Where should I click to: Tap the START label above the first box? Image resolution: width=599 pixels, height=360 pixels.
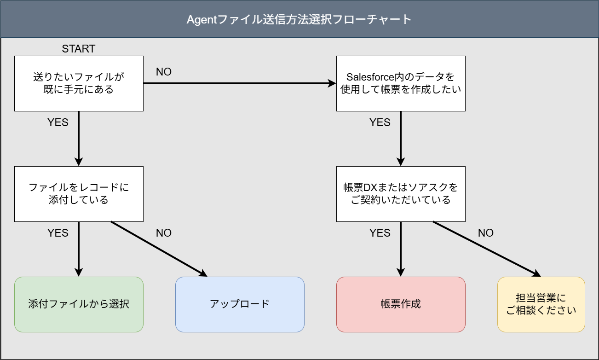(79, 49)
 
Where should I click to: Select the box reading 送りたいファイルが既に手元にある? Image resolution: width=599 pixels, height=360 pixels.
(79, 83)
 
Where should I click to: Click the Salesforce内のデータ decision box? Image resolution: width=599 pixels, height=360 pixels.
(401, 83)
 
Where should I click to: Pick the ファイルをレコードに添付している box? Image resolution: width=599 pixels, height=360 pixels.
(79, 194)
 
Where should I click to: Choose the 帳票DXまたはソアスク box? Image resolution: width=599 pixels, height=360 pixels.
(401, 194)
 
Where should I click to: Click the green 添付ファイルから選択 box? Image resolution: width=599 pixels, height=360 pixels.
(79, 304)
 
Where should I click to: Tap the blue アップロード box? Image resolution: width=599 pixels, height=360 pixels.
(240, 304)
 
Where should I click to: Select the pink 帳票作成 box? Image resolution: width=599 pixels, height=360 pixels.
(401, 304)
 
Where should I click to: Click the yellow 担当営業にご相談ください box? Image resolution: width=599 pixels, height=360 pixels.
(541, 304)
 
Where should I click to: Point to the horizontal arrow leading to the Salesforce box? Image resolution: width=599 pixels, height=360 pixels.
(239, 83)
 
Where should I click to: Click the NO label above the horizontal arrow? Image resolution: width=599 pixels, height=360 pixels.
(164, 72)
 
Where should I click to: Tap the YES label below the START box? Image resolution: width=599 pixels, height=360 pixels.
(58, 122)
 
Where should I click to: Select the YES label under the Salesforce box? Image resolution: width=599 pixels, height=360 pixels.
(380, 122)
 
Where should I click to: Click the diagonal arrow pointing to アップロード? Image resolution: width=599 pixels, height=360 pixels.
(159, 249)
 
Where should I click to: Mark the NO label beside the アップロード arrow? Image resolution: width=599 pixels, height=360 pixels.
(164, 233)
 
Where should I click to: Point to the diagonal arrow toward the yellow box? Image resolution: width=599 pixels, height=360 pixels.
(486, 249)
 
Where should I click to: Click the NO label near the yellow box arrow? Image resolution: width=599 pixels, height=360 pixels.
(486, 233)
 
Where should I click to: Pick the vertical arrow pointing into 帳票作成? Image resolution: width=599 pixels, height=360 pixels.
(401, 249)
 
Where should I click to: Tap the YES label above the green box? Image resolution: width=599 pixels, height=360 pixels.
(58, 233)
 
